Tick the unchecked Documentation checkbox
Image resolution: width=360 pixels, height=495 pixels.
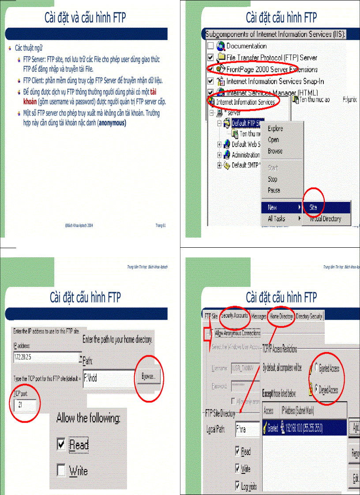point(210,46)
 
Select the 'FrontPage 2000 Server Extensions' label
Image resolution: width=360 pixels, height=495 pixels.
point(271,69)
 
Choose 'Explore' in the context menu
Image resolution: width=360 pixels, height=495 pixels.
point(276,129)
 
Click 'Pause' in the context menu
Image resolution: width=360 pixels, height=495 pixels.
point(274,190)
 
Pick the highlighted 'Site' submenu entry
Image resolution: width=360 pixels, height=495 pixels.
point(313,207)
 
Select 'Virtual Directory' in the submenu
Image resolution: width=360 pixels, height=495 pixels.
point(325,219)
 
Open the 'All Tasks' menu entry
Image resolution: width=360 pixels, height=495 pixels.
point(277,219)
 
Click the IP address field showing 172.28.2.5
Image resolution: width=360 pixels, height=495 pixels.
point(44,357)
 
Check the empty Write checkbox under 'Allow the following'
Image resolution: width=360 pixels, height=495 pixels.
point(61,471)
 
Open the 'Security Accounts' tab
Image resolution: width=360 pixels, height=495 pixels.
point(234,316)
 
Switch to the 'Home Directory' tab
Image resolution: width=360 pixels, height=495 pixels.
point(281,316)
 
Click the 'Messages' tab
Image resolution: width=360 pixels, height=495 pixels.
point(259,316)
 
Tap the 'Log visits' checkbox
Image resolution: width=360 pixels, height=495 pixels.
point(238,487)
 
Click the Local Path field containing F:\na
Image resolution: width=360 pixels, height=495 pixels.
point(247,429)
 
